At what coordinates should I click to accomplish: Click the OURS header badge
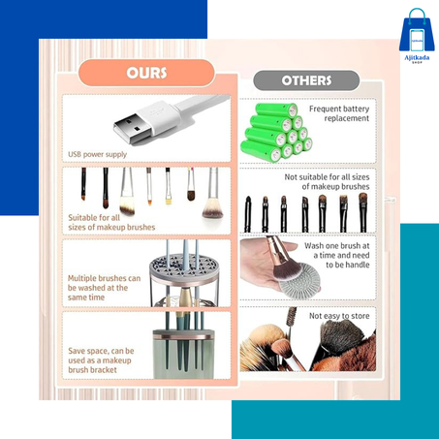click(x=146, y=73)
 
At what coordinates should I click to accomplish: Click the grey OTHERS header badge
click(x=306, y=80)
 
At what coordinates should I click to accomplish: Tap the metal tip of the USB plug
click(x=133, y=128)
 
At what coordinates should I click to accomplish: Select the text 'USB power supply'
click(x=97, y=154)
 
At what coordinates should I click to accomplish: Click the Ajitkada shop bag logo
click(x=417, y=35)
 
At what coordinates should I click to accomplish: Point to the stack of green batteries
click(x=276, y=133)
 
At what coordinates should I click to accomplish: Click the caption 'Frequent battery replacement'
click(x=339, y=113)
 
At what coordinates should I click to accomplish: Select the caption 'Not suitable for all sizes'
click(x=327, y=177)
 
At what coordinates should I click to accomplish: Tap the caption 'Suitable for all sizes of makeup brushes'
click(x=111, y=222)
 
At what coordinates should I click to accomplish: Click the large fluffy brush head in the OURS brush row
click(x=212, y=208)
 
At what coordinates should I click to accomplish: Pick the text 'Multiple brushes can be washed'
click(x=104, y=283)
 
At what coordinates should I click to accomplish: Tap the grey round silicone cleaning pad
click(x=299, y=278)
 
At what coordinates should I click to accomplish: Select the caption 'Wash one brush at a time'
click(x=337, y=250)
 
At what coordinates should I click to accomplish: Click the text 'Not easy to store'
click(x=339, y=316)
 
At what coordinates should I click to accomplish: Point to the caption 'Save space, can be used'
click(x=101, y=356)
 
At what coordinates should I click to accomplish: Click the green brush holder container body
click(x=183, y=355)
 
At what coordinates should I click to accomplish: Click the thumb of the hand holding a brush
click(x=284, y=248)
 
